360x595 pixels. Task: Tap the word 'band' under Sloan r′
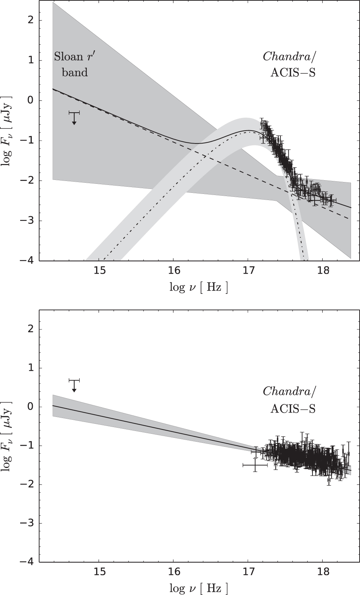75,72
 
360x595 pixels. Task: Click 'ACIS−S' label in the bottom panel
293,409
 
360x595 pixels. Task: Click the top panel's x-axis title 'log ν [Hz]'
199,287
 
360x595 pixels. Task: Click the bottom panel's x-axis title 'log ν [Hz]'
199,588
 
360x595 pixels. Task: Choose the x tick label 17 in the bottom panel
248,573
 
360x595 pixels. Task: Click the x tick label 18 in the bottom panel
323,573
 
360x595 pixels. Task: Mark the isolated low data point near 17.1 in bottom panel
255,465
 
